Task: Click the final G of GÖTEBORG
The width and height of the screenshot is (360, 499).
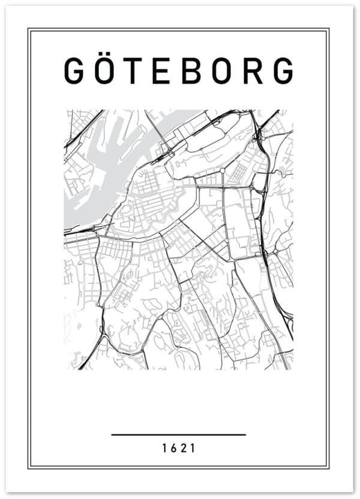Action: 283,71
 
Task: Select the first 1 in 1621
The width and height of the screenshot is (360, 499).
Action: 164,448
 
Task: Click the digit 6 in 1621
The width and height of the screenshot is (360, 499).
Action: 174,448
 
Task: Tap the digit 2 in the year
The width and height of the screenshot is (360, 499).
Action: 184,448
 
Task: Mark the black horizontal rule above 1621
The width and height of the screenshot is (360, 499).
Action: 178,434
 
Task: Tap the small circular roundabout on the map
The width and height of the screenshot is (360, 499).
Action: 222,170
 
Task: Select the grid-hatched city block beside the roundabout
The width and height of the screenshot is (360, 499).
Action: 238,173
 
